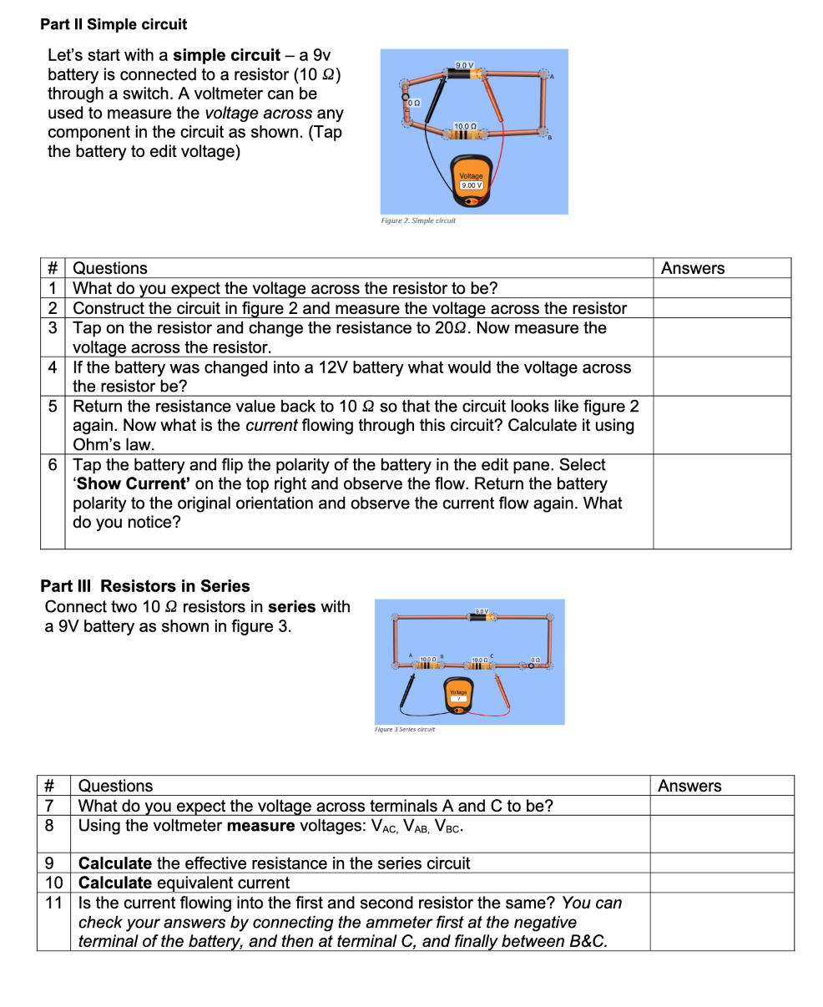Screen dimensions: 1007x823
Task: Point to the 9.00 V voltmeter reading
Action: point(471,185)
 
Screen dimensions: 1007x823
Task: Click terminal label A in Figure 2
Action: point(552,76)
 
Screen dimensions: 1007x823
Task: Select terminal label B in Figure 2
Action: point(548,139)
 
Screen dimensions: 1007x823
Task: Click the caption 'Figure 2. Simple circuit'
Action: point(417,221)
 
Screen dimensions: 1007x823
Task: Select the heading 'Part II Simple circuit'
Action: point(114,24)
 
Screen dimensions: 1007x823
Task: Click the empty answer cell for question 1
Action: point(721,289)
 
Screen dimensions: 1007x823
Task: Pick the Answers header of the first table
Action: point(693,268)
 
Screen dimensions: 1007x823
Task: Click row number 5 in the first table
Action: point(53,407)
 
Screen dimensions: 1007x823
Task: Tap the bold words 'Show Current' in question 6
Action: point(131,484)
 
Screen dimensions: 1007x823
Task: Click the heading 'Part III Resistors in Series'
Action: point(145,585)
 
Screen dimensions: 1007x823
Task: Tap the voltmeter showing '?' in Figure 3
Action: point(458,699)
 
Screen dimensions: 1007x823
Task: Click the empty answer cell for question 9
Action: point(721,863)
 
